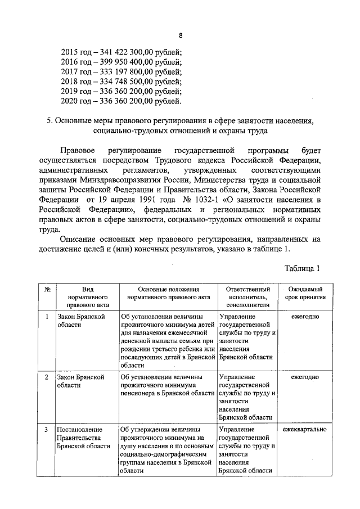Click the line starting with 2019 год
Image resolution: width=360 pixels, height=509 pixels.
point(121,92)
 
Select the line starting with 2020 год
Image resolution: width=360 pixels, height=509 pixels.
point(121,102)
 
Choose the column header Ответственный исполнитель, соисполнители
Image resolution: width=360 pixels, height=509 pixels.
point(247,296)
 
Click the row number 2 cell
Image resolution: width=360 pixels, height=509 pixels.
point(47,377)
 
